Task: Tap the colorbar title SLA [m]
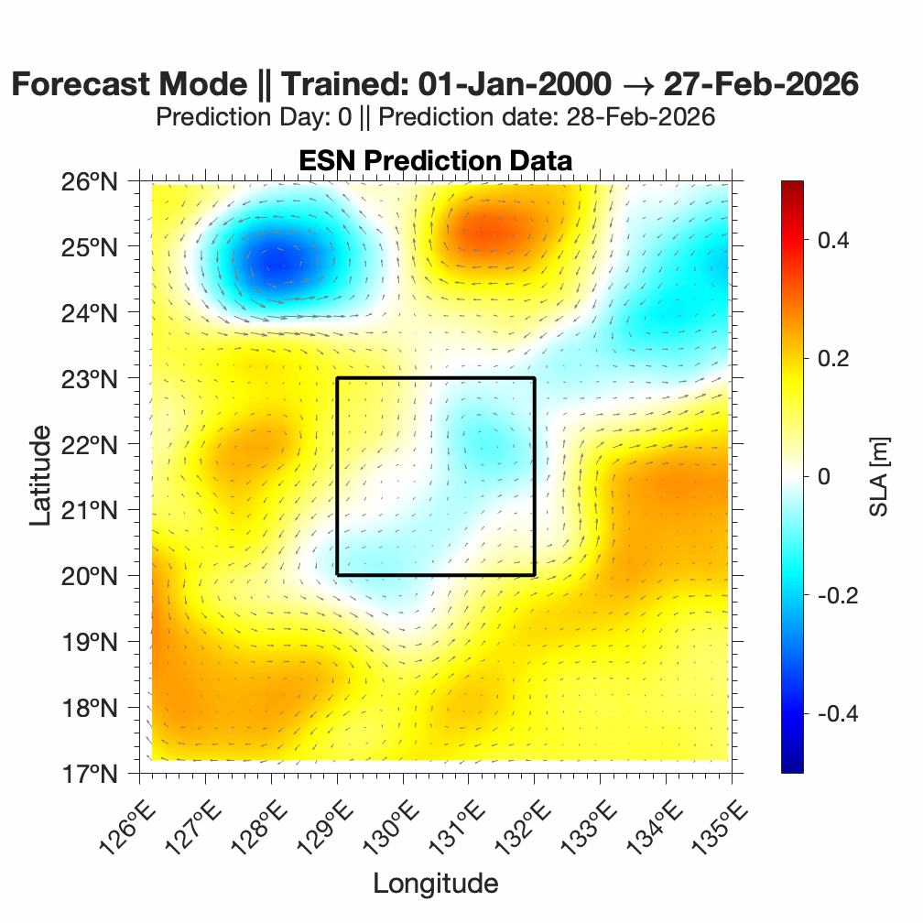(880, 476)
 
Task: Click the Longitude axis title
(435, 884)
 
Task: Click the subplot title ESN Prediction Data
(435, 161)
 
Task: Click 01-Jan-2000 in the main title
(514, 84)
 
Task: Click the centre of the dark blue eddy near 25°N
(278, 264)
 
